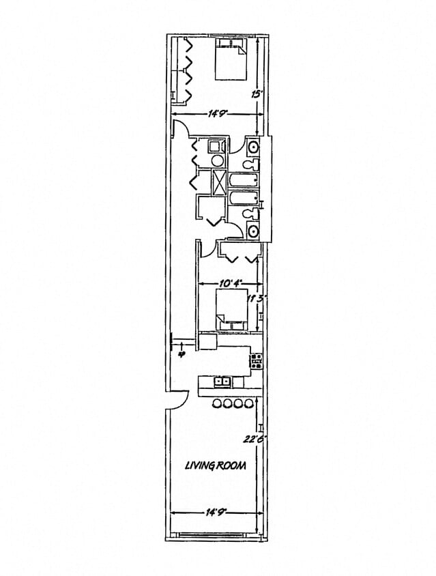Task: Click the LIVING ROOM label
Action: pyautogui.click(x=216, y=465)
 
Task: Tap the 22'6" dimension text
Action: pyautogui.click(x=257, y=440)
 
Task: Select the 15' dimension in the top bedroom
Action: pyautogui.click(x=257, y=94)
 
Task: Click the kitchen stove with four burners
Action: pyautogui.click(x=257, y=361)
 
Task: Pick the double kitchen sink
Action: pyautogui.click(x=222, y=382)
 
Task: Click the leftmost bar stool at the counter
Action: pyautogui.click(x=216, y=403)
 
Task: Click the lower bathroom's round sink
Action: pyautogui.click(x=253, y=231)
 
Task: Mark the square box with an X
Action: pyautogui.click(x=220, y=182)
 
